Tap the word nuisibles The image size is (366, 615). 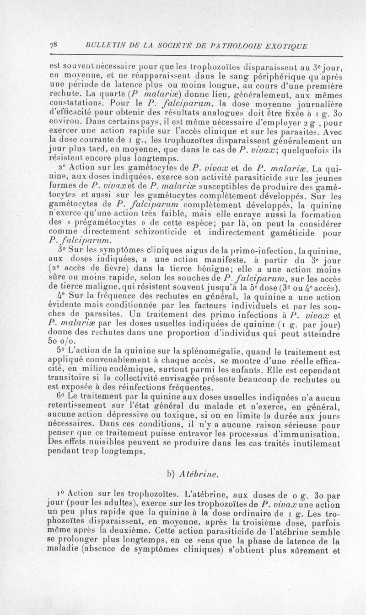(x=102, y=442)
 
